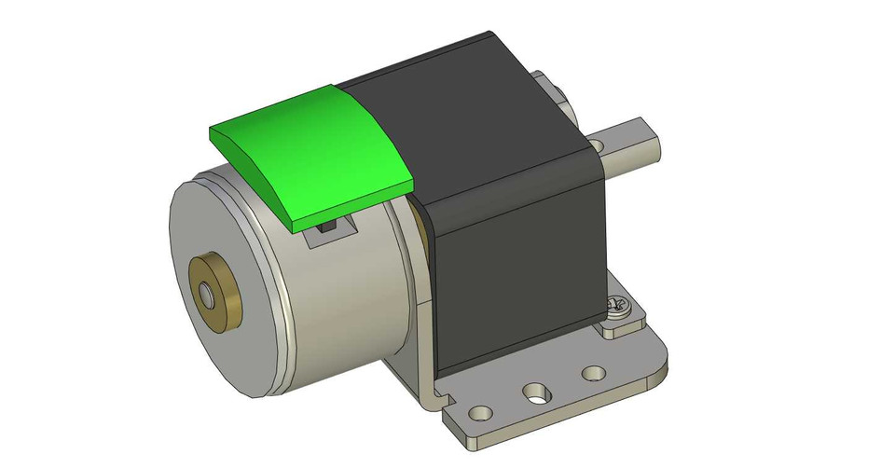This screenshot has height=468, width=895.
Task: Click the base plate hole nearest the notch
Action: coord(481,411)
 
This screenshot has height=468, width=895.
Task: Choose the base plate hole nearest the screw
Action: coord(594,374)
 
